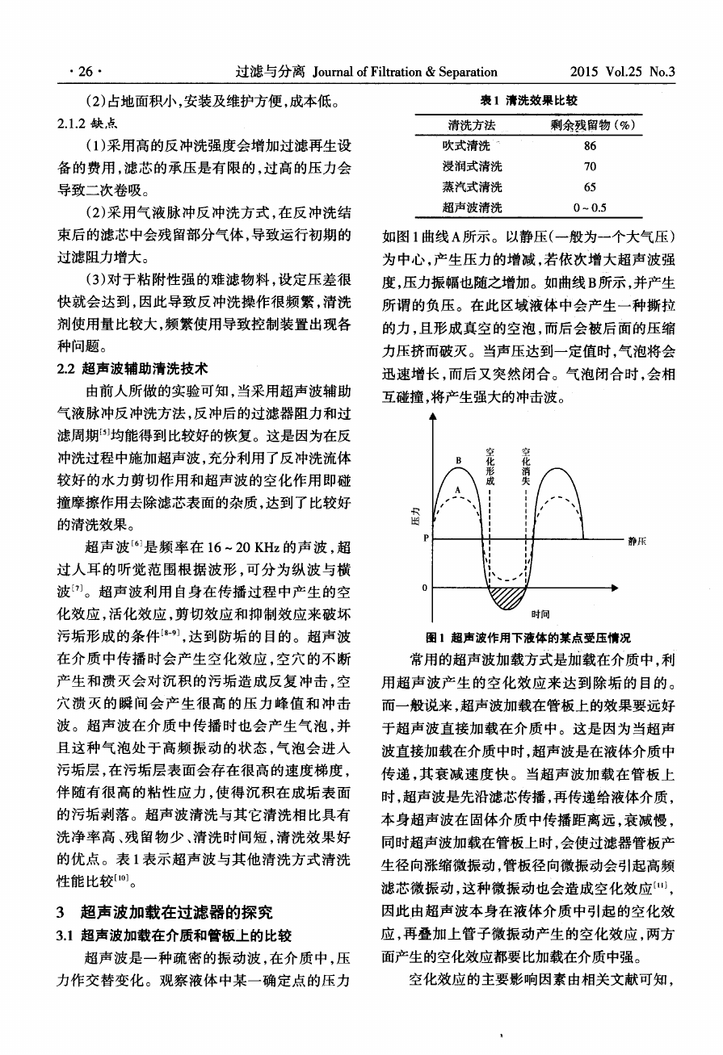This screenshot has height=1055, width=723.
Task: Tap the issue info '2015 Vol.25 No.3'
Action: [621, 72]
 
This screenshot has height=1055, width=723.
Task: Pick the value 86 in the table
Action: [590, 146]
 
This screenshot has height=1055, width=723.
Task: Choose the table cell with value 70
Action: [590, 167]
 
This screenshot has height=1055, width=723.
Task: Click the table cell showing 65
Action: [590, 187]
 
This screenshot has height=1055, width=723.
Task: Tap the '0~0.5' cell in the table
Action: [590, 208]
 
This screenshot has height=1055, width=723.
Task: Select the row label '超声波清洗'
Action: [472, 208]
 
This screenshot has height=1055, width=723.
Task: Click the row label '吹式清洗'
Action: [466, 146]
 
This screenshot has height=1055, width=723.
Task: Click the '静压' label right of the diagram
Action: [638, 540]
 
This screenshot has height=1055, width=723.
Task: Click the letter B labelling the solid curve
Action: [458, 461]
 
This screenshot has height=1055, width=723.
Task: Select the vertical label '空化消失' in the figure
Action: [527, 466]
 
